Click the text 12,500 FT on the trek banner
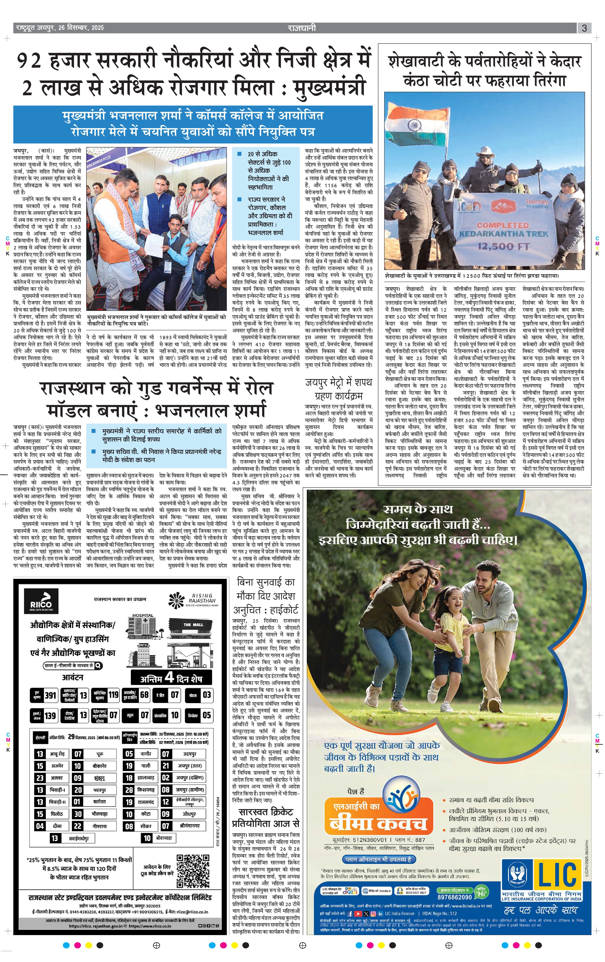[x=504, y=246]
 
